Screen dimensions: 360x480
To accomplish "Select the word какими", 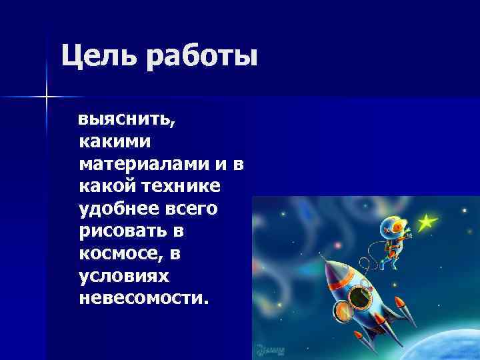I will [x=115, y=141].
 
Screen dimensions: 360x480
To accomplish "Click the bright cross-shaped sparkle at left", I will [x=47, y=97].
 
